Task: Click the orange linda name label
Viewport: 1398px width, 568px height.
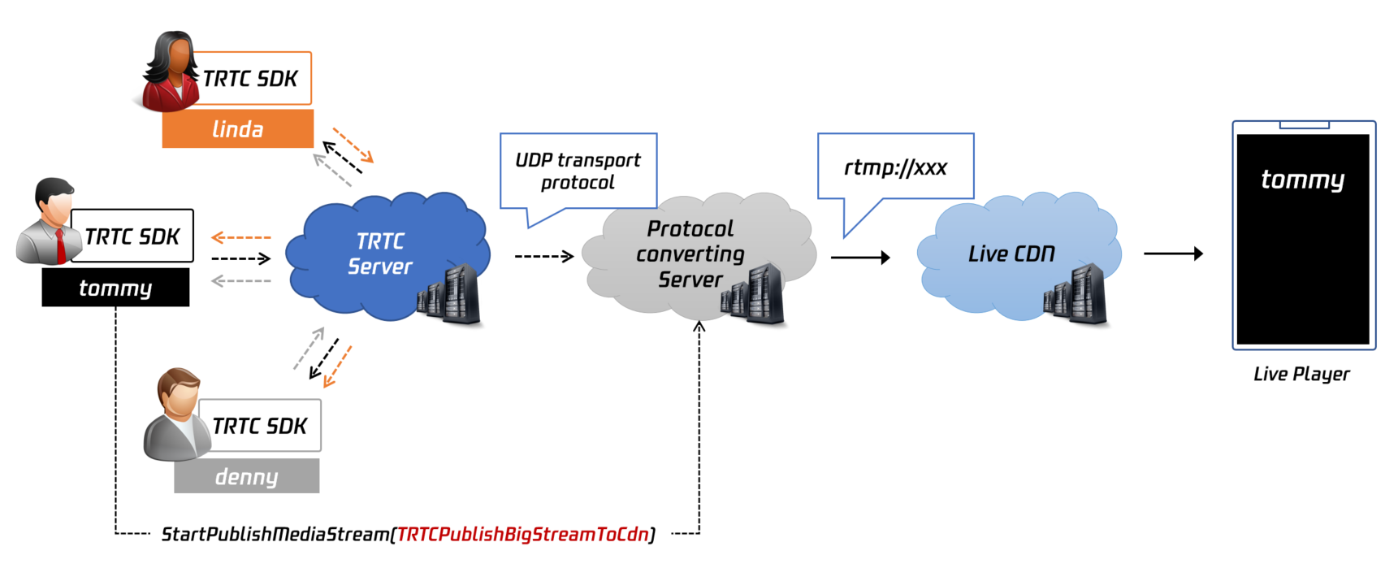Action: coord(237,129)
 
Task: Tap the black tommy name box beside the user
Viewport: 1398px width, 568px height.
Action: coord(115,288)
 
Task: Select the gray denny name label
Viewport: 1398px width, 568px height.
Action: coord(246,476)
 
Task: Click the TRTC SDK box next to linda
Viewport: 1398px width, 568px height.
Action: coord(250,79)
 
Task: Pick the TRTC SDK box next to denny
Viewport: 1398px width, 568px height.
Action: coord(260,426)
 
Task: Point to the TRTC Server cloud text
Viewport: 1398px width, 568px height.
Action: coord(379,254)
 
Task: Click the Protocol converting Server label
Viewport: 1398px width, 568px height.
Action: coord(690,254)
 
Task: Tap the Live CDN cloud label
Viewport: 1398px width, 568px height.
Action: coord(1011,254)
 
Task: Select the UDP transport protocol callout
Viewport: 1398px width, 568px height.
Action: coord(578,171)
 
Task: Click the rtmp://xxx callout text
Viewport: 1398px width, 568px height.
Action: coord(895,167)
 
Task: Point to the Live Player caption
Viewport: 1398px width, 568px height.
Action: coord(1301,374)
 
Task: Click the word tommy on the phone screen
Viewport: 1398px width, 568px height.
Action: coord(1302,179)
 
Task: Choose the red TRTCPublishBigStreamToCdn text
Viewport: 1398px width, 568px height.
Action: coord(522,534)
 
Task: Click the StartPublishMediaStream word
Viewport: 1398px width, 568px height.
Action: coord(275,534)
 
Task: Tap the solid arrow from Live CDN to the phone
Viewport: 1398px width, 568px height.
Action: coord(1173,254)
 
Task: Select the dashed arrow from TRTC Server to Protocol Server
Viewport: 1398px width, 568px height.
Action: coord(544,257)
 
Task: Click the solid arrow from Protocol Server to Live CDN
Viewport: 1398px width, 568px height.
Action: coord(860,258)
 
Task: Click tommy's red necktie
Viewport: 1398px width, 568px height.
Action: coord(60,245)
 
